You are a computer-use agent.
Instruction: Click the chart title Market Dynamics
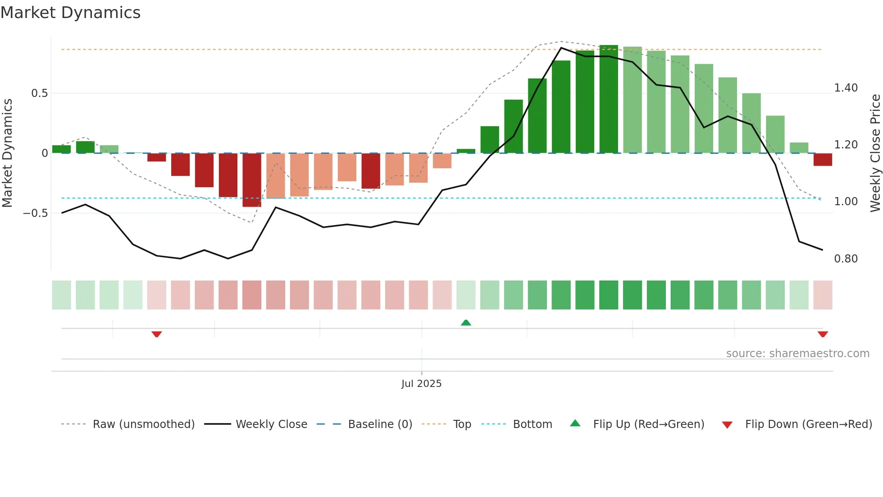click(x=71, y=13)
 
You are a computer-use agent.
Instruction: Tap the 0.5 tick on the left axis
click(x=39, y=93)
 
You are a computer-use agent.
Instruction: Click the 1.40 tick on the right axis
click(x=846, y=88)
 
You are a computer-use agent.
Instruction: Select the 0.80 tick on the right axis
click(x=846, y=259)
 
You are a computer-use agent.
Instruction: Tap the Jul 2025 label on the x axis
click(x=421, y=384)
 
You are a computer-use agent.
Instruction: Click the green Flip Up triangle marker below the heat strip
click(x=466, y=322)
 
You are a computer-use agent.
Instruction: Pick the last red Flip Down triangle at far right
click(x=823, y=334)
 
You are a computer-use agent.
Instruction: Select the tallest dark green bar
click(x=609, y=99)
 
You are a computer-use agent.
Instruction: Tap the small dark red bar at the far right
click(x=823, y=160)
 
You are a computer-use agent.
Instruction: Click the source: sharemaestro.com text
click(x=797, y=354)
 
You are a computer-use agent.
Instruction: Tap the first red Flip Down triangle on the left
click(x=157, y=334)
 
